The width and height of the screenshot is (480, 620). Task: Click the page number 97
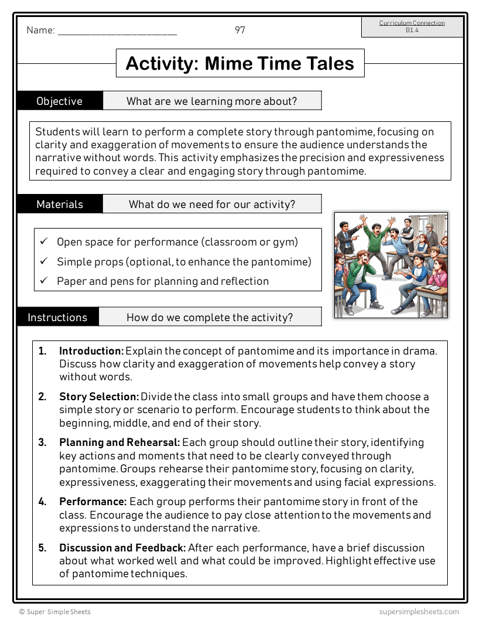(240, 30)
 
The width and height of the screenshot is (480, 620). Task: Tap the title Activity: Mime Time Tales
(240, 63)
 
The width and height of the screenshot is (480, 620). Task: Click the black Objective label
(60, 101)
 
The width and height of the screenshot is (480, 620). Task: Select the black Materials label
(60, 204)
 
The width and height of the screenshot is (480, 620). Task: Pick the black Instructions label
(57, 317)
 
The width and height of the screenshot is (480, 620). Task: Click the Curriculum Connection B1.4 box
(412, 26)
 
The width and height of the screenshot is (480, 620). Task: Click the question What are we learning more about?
(212, 101)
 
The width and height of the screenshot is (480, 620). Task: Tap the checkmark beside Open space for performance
(44, 241)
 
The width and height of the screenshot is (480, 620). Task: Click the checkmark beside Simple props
(44, 261)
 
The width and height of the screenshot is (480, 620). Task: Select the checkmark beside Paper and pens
(44, 281)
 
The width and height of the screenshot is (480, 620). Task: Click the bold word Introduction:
(91, 351)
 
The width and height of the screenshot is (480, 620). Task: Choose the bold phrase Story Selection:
(99, 397)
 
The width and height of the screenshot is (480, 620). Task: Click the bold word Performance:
(93, 502)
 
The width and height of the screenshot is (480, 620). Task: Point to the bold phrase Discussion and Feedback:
(122, 548)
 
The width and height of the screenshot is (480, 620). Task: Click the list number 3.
(42, 442)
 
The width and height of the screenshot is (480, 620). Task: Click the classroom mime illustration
(390, 265)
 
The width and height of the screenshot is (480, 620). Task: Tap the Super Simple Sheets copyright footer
(55, 612)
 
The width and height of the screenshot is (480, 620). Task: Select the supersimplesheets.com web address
(419, 612)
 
